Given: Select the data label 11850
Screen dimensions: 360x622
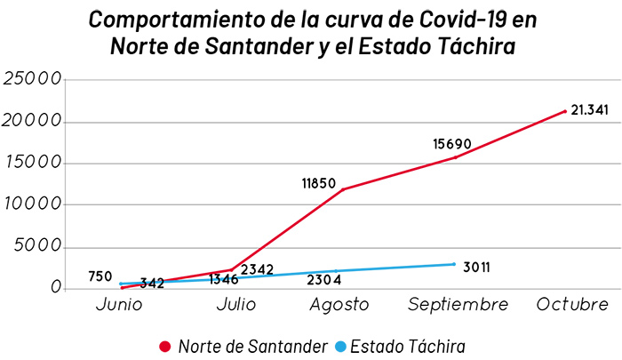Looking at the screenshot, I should tap(318, 184).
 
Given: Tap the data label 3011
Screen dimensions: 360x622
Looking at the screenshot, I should tap(479, 265).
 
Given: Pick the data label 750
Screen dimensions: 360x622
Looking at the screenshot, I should tap(100, 276).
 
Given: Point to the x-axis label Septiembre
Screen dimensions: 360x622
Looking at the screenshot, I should tap(459, 305).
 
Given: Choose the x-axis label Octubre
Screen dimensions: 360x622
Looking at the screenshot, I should tap(573, 305).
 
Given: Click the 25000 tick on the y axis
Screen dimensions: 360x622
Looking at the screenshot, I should tap(33, 79).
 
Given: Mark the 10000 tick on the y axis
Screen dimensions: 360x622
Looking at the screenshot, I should tap(33, 204).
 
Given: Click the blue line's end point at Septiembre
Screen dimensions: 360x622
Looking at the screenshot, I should tap(454, 264).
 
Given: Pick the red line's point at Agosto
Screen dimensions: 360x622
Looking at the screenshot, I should tap(343, 189).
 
